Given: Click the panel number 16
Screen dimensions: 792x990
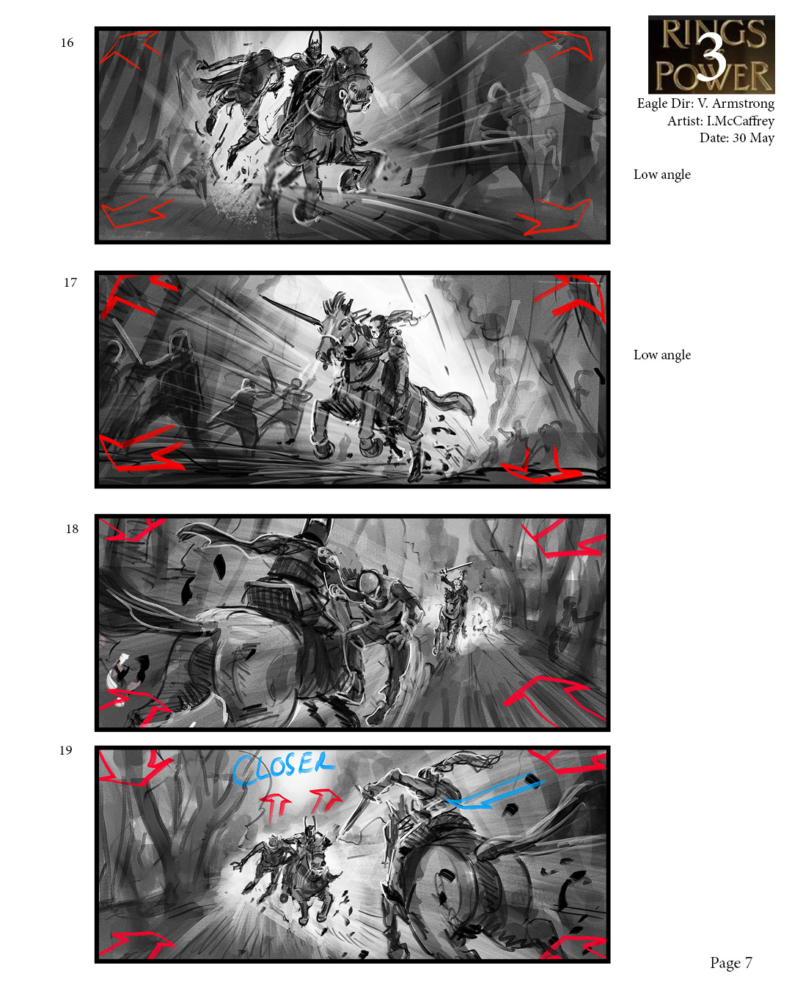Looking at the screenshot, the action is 67,43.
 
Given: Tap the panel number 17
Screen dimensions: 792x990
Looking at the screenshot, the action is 70,282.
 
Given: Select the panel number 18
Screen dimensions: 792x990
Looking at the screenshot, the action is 72,529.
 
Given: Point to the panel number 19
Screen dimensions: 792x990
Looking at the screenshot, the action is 66,750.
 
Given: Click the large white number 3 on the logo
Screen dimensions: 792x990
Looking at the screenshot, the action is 711,56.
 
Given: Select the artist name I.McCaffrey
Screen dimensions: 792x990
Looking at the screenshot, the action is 741,121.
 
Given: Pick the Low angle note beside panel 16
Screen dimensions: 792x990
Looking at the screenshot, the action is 661,175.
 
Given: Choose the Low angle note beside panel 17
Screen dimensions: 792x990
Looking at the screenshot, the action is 661,355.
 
